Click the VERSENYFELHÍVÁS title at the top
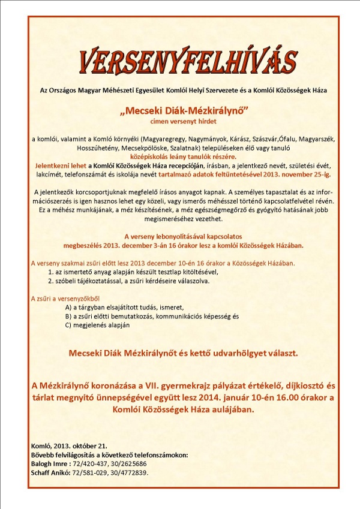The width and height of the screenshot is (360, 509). point(188,60)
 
